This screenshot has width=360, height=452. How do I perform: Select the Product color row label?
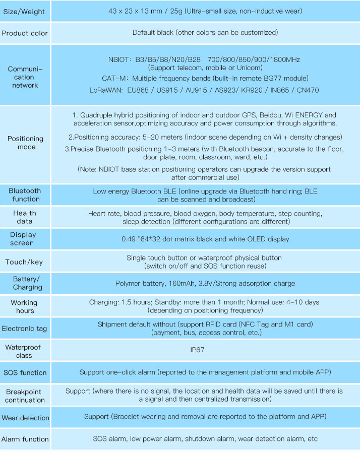(x=25, y=33)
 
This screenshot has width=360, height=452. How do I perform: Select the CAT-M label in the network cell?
(x=113, y=78)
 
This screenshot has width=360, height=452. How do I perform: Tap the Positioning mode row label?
(x=25, y=143)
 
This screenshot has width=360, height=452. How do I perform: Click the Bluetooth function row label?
(x=25, y=195)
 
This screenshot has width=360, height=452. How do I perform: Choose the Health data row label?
(x=25, y=217)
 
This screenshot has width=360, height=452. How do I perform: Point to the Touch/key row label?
(x=24, y=262)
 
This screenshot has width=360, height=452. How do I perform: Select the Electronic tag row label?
(x=24, y=329)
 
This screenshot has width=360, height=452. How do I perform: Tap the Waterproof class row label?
(x=23, y=351)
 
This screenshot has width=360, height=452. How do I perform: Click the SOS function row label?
(x=25, y=373)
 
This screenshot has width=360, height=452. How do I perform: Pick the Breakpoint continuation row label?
(x=25, y=396)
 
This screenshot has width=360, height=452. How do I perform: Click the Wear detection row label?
(x=25, y=418)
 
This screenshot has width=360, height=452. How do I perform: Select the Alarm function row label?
(x=25, y=439)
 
